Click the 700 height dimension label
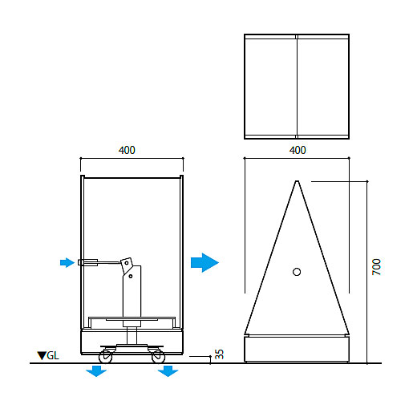[376, 266]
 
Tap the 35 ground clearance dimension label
[219, 354]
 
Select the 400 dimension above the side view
[127, 150]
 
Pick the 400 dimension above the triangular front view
[298, 150]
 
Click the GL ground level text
[53, 356]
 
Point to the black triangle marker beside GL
[42, 356]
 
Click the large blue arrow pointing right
[204, 262]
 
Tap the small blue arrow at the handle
[67, 262]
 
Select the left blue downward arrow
[96, 371]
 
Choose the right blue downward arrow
[168, 371]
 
